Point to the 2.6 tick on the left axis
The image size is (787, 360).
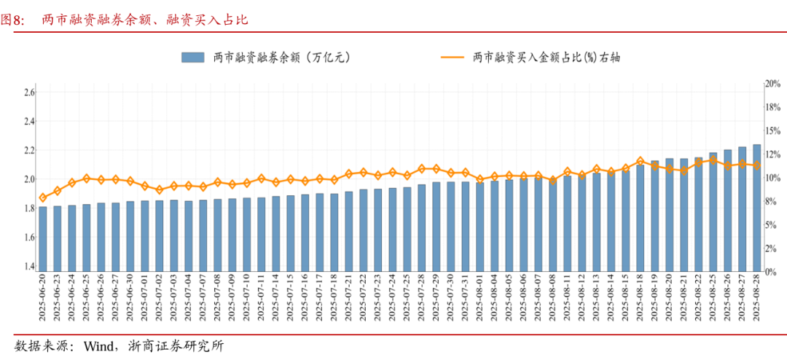pos(29,93)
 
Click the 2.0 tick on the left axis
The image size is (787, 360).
pos(29,179)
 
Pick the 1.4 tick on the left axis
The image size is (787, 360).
pos(29,267)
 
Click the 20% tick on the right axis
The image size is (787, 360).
pos(772,84)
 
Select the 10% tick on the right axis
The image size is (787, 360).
pos(772,178)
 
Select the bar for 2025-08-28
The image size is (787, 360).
pos(756,208)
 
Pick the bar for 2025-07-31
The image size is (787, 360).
pos(466,227)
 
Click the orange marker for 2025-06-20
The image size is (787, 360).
pos(43,197)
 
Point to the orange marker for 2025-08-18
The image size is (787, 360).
pos(640,161)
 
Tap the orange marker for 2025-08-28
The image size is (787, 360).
pos(756,165)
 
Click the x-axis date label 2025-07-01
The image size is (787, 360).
pos(145,297)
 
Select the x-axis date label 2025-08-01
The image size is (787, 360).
pos(480,297)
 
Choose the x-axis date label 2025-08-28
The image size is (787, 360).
pos(756,297)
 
